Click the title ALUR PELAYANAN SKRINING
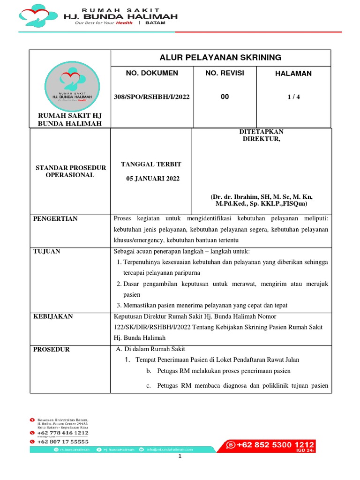coord(221,58)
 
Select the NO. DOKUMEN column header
coord(152,74)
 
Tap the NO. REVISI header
coord(225,74)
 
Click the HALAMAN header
coord(294,74)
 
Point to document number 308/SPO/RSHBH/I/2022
coord(152,97)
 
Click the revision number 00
coord(225,97)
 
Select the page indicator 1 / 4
coord(294,97)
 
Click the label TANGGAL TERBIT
coord(151,164)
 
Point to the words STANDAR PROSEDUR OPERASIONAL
coord(70,172)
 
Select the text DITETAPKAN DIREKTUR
coord(262,135)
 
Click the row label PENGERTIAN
coord(55,218)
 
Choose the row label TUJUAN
coord(46,251)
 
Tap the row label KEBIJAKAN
coord(52,316)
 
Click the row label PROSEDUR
coord(52,349)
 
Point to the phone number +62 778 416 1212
coord(62,433)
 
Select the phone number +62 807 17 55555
coord(62,442)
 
